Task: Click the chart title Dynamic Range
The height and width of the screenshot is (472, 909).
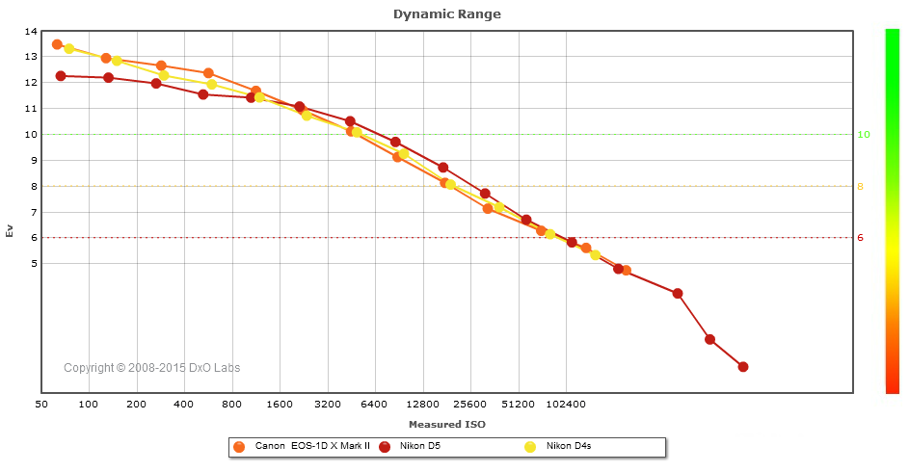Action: pos(446,14)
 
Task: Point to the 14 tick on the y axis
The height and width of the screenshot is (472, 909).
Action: pos(31,32)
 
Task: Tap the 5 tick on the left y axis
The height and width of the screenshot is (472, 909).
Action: pos(34,263)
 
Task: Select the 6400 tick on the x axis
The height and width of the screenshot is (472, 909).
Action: pos(375,405)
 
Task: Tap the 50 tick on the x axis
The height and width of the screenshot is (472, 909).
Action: pos(41,405)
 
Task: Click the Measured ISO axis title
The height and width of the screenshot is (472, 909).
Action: pos(446,424)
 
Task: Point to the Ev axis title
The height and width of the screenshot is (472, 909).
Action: pos(11,231)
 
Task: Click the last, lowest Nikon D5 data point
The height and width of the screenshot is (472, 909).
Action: pos(742,366)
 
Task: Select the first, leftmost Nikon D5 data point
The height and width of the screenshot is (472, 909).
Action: pos(61,75)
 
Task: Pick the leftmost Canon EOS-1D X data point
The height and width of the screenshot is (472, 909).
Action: pos(57,44)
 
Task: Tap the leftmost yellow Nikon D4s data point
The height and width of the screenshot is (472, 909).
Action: pos(69,48)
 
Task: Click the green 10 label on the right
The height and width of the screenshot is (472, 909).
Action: pos(864,135)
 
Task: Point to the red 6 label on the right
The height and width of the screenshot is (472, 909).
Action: pos(861,238)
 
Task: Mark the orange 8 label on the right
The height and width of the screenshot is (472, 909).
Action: pos(861,187)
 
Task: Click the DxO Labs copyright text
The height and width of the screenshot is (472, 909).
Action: pos(152,368)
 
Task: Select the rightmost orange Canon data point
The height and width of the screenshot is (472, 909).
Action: pos(627,271)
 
